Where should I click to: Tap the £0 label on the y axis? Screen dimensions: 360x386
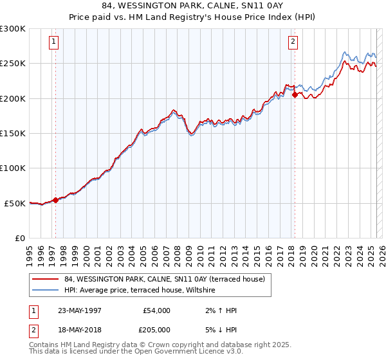(x=20, y=238)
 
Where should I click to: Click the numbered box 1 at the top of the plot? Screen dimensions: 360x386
(x=53, y=42)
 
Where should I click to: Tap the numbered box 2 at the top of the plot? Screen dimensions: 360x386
(x=293, y=42)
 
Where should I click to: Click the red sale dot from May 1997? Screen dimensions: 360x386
(x=55, y=200)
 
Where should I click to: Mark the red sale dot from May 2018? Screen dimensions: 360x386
(x=295, y=94)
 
